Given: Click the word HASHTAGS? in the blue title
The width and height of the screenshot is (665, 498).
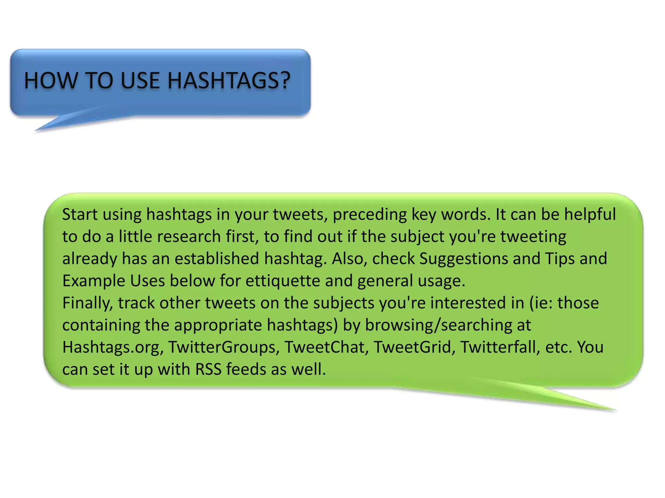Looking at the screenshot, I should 229,80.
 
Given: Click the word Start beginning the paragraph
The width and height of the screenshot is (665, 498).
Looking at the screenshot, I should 80,215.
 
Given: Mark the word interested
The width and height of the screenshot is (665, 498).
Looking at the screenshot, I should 477,303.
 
